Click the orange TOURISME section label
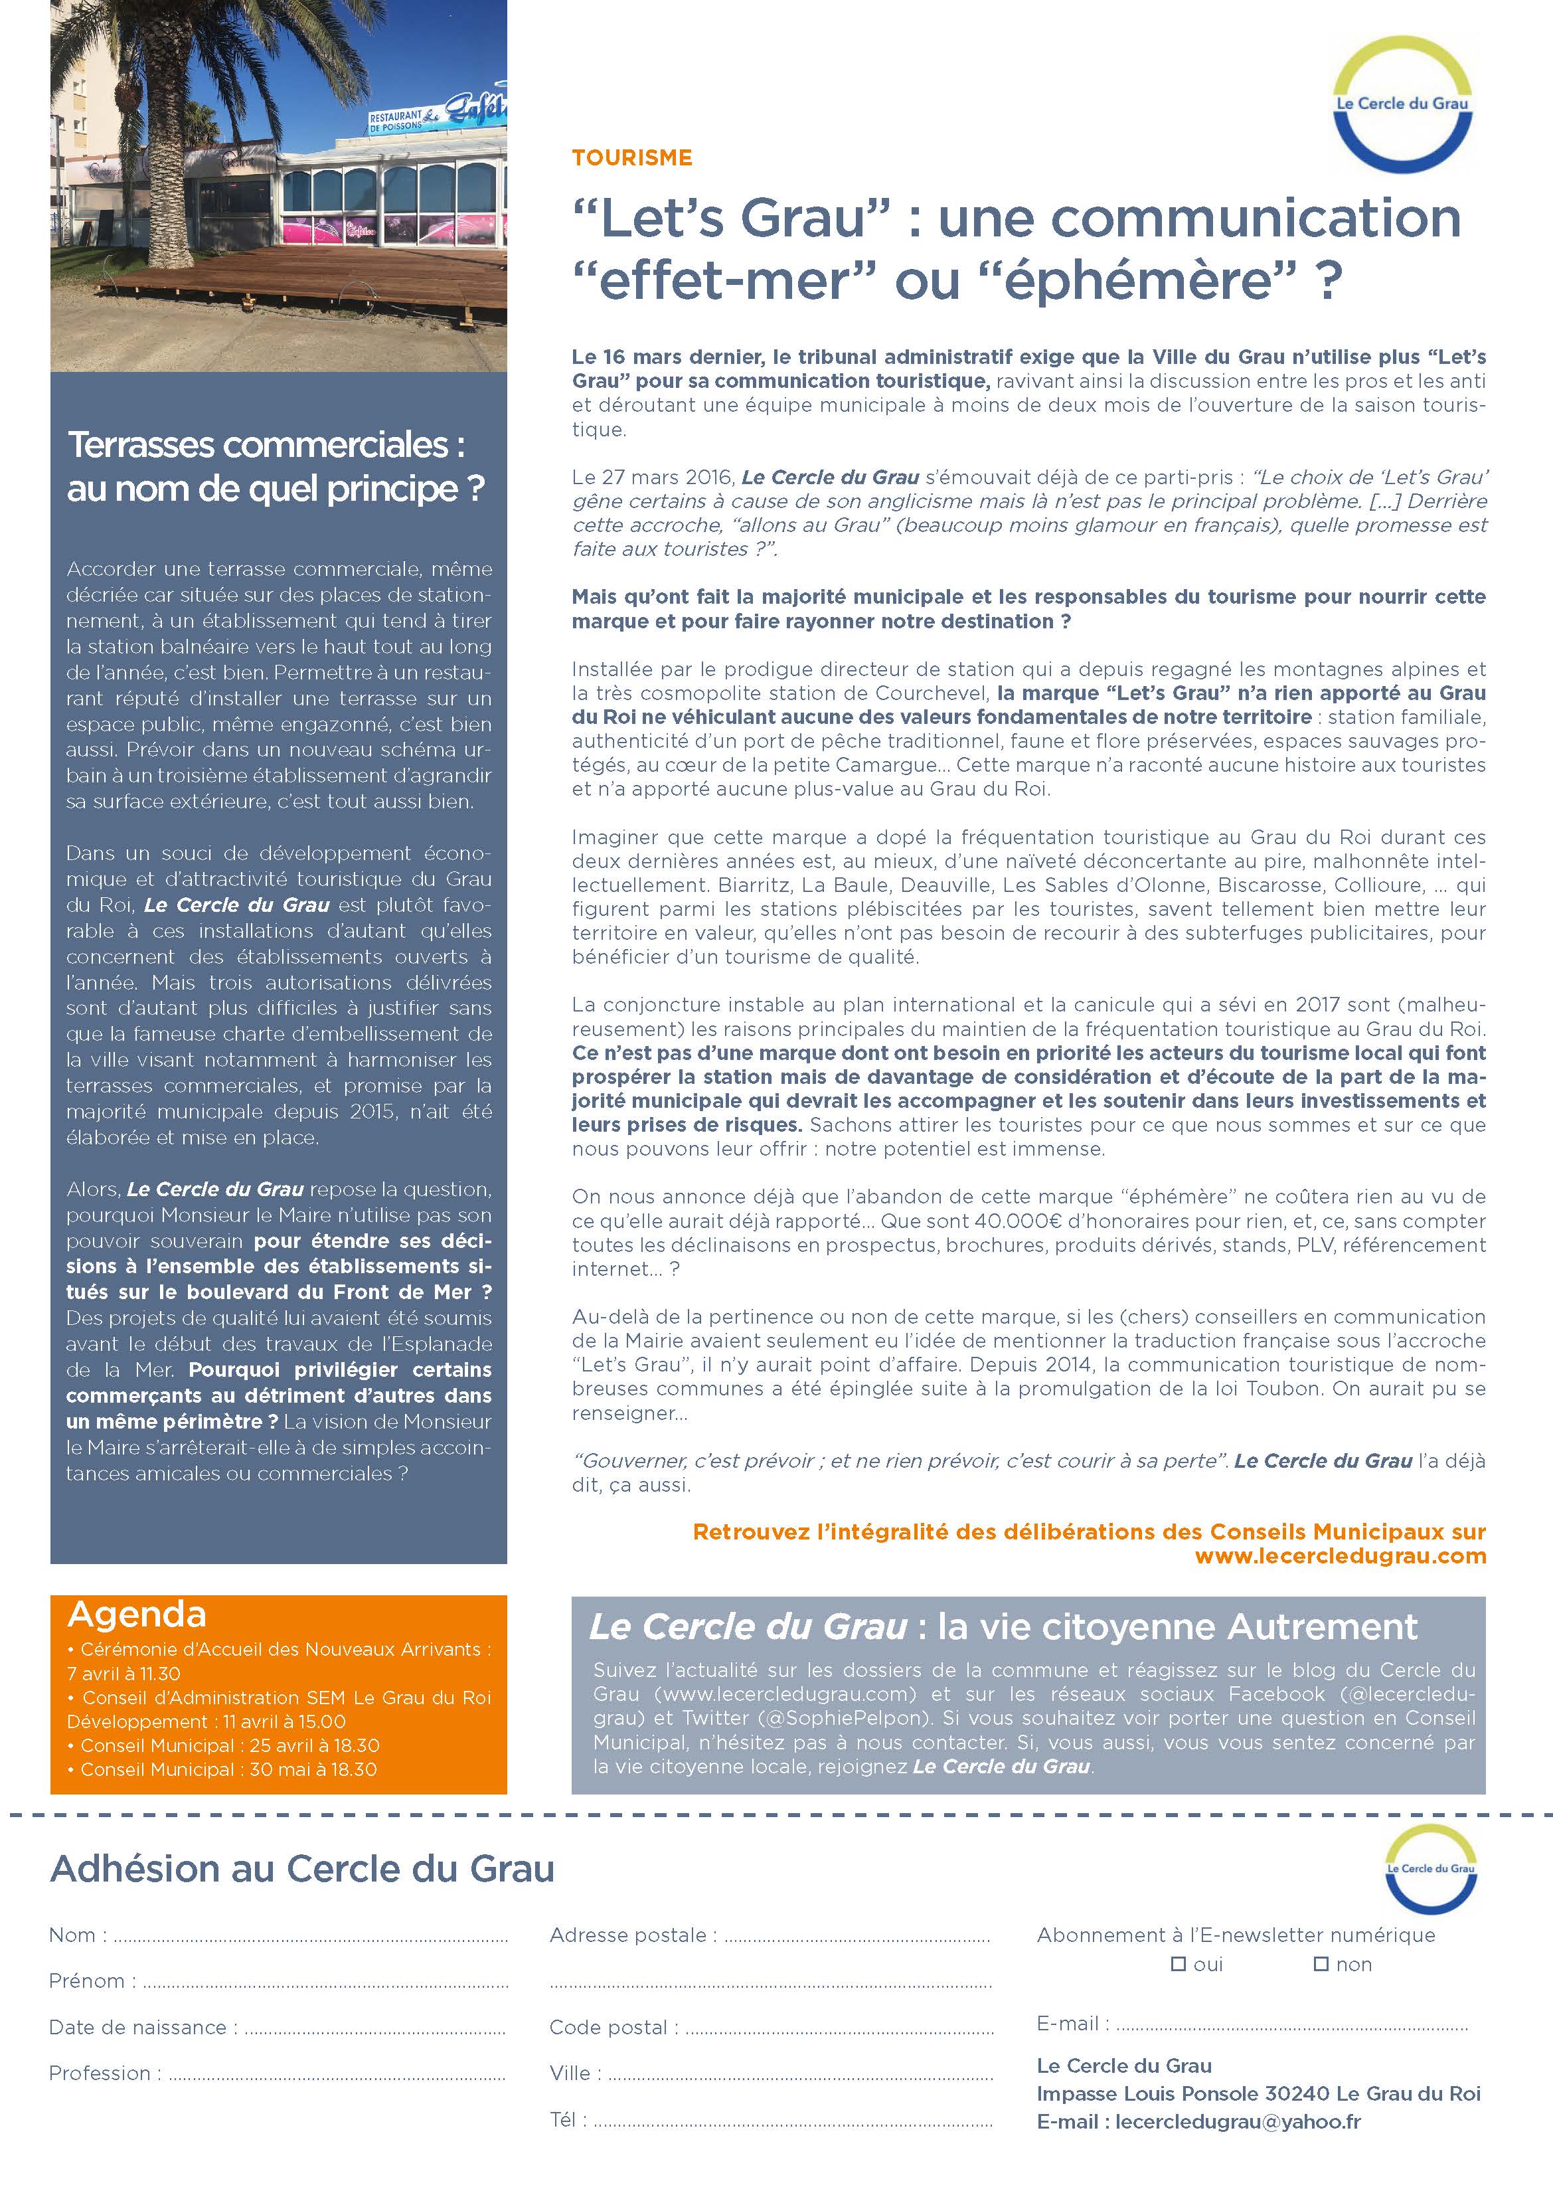tap(631, 158)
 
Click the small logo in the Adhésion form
tap(1430, 1868)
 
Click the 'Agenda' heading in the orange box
tap(137, 1615)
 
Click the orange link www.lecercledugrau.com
tap(1340, 1556)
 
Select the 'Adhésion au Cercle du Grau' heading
tap(301, 1869)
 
